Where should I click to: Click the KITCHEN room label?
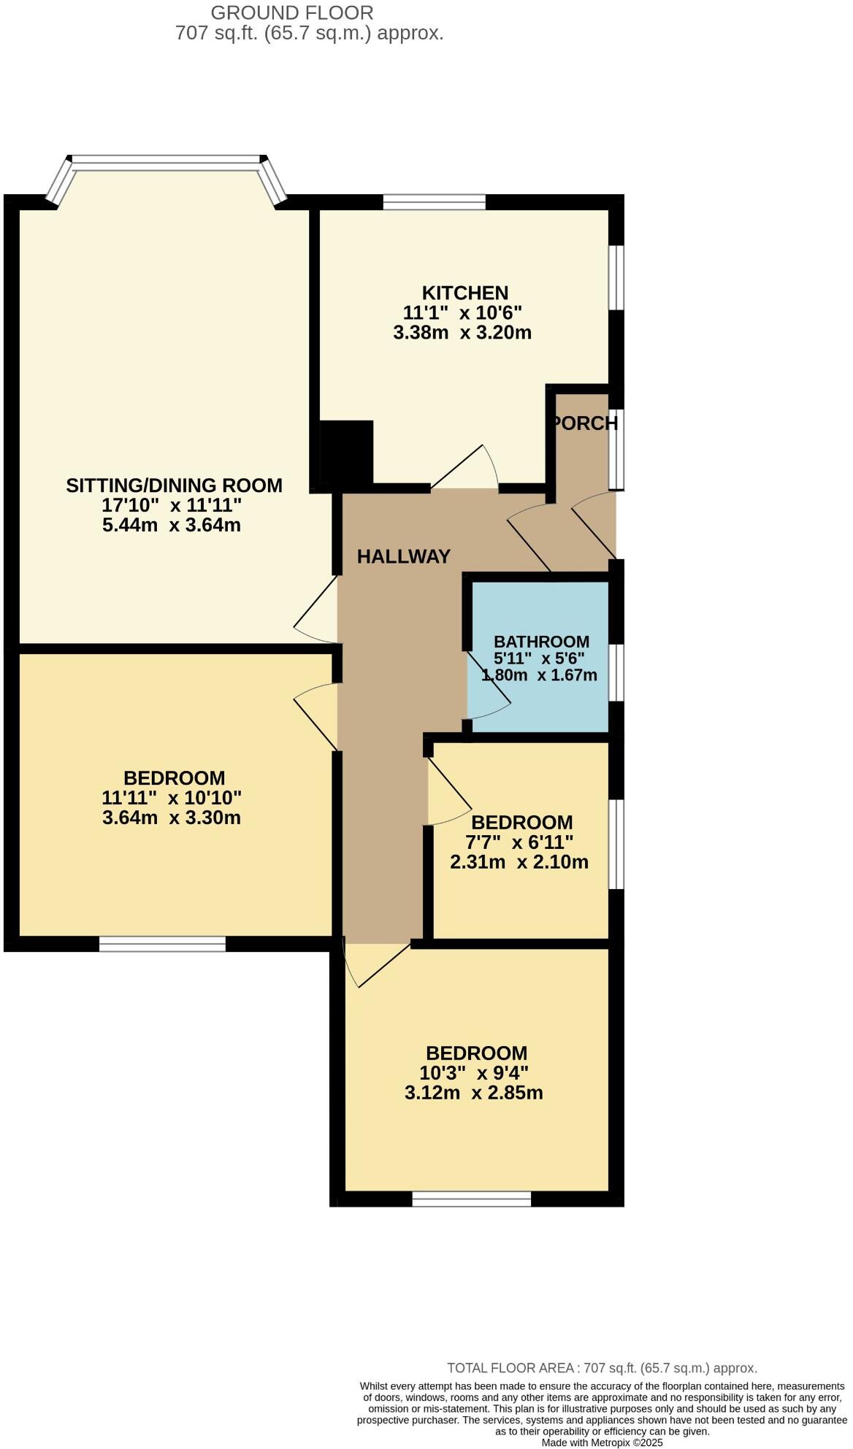[x=465, y=293]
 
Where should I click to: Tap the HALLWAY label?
[x=403, y=557]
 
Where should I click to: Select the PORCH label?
[x=585, y=423]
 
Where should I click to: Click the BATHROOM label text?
[x=541, y=642]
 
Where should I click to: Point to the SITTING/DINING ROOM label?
[x=174, y=485]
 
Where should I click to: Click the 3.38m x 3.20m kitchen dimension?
[x=462, y=334]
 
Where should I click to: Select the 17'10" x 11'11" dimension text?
[x=172, y=505]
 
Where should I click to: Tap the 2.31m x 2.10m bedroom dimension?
[x=519, y=862]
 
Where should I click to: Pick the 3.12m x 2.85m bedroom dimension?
[x=473, y=1093]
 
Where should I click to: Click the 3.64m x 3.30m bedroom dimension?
[x=172, y=818]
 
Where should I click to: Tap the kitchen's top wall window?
[x=434, y=201]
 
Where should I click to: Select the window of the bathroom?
[x=616, y=672]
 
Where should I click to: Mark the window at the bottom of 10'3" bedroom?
[x=471, y=1199]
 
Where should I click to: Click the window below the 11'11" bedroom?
[x=162, y=945]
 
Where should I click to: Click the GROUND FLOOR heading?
[x=291, y=12]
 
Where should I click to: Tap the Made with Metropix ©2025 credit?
[x=602, y=1442]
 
